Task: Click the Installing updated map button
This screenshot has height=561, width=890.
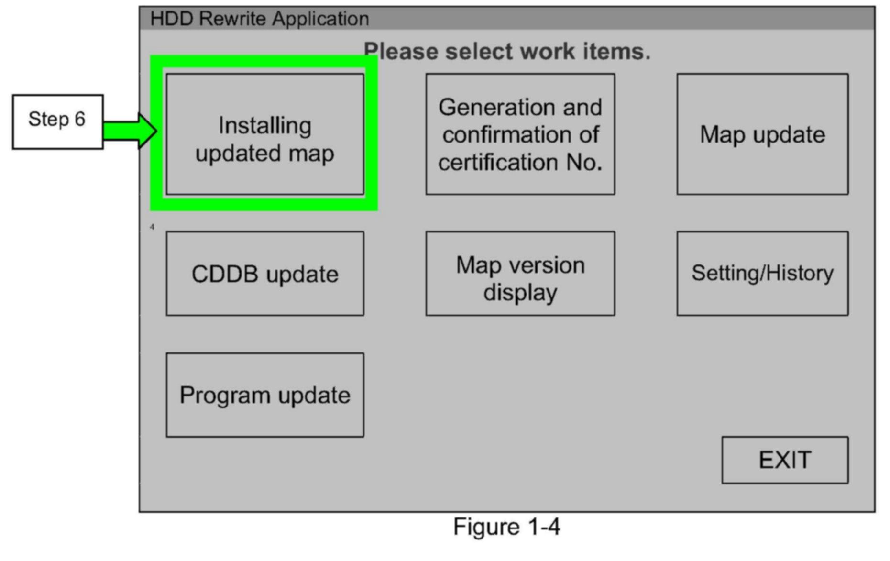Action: (265, 134)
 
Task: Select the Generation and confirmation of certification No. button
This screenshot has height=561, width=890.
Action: (520, 134)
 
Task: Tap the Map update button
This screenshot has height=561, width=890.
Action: (762, 134)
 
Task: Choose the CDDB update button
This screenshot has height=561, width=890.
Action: (265, 274)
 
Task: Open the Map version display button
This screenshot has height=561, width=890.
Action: (520, 274)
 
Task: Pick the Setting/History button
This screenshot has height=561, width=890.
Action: (762, 274)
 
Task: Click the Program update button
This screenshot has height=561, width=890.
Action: (265, 395)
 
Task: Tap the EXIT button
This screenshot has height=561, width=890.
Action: (785, 460)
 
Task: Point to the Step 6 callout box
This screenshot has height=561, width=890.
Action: (57, 121)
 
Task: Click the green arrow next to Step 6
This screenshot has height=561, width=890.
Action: (130, 131)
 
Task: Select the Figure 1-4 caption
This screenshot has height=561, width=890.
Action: (506, 527)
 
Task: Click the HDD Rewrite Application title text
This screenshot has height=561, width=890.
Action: (260, 19)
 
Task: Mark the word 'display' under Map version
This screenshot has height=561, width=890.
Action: (520, 293)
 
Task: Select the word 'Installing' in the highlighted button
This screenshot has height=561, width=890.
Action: (265, 126)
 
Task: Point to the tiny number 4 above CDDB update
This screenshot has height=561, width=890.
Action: (152, 227)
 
